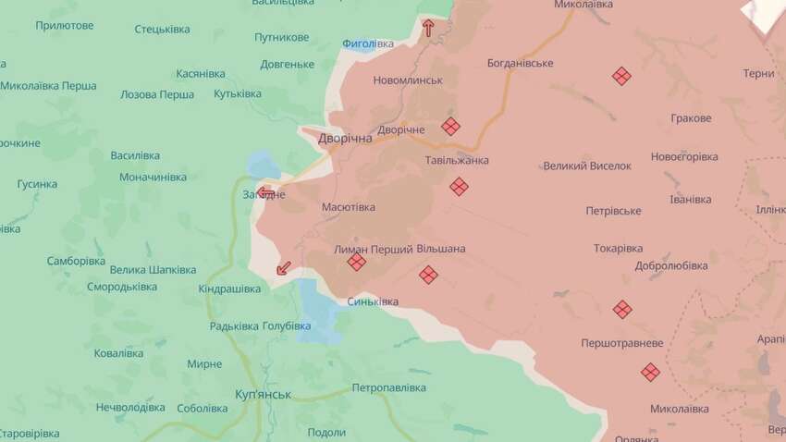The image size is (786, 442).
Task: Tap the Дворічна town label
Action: point(344,138)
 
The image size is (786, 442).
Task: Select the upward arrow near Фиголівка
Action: point(428,28)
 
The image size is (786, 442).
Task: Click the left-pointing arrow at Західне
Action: point(266,193)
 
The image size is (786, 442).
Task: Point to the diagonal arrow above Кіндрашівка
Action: point(285,268)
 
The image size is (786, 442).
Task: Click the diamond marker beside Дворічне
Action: point(450,127)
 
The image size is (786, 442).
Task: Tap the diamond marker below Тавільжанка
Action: point(459,187)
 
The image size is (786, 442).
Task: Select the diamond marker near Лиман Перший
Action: point(357,263)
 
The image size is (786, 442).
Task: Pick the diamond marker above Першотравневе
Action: point(622,309)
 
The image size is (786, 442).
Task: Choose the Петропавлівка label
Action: point(388,387)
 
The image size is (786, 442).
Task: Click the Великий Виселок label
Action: point(587,166)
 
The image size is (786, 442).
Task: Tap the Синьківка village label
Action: point(374,301)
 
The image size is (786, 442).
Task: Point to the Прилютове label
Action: point(65,25)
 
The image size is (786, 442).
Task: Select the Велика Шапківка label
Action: point(153,269)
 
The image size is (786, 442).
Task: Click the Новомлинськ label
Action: point(408,80)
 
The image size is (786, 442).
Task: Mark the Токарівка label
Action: point(619,248)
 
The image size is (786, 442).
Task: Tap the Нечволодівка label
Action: point(130,407)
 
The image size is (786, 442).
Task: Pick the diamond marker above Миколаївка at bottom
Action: point(651,372)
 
